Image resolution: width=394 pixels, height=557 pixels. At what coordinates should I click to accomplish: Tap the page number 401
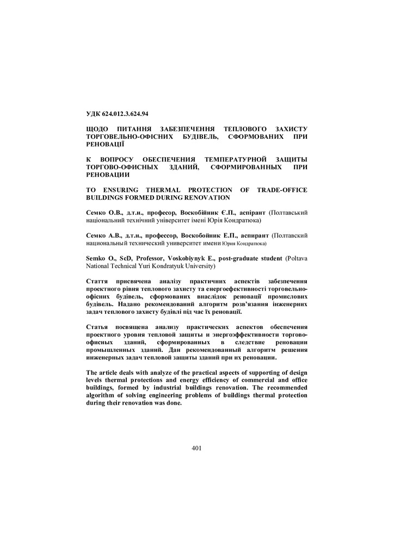[197, 448]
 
